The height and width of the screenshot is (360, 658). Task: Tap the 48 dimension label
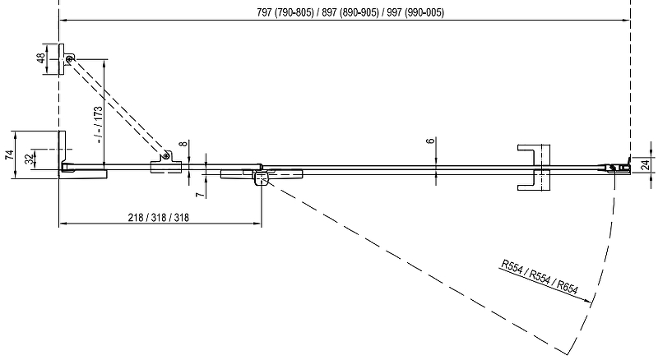click(x=39, y=60)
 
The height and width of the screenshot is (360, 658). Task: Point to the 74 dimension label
click(x=8, y=158)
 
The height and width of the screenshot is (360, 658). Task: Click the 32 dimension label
click(x=30, y=158)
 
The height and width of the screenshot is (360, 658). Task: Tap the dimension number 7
click(x=198, y=195)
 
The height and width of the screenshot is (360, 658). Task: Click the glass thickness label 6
click(x=430, y=141)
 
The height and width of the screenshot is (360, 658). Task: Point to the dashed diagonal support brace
click(x=119, y=107)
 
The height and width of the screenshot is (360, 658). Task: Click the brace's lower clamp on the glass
click(x=165, y=164)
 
